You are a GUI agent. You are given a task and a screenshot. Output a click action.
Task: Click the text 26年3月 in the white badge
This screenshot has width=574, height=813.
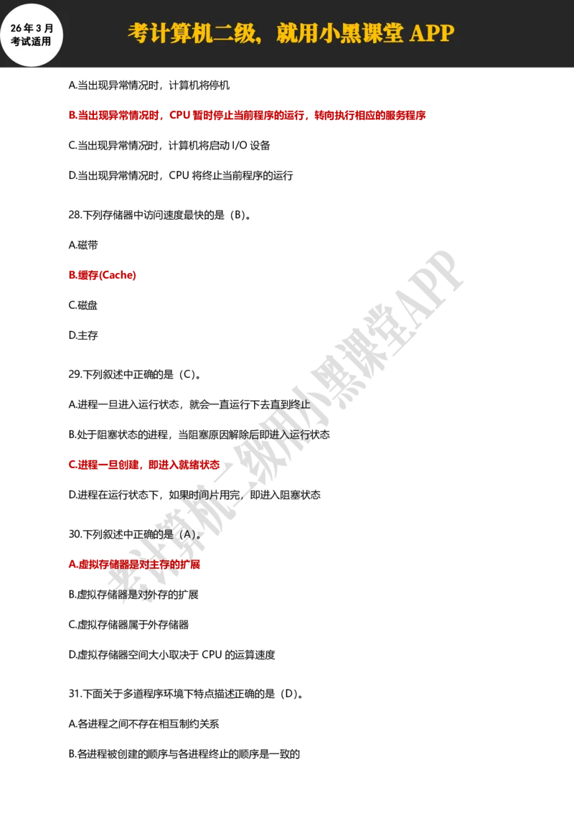[32, 28]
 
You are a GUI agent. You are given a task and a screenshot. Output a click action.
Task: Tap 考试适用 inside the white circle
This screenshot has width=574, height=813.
[31, 42]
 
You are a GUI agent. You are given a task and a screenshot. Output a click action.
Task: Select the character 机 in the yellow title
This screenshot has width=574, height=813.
[201, 33]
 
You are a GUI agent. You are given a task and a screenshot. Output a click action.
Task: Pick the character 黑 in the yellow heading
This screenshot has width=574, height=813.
[350, 33]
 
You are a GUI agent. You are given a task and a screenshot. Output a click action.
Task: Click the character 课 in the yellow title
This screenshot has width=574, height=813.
[372, 33]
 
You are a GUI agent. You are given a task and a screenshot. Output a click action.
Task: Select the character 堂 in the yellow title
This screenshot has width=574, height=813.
[393, 33]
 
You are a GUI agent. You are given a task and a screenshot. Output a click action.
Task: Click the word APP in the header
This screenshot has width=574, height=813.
[432, 33]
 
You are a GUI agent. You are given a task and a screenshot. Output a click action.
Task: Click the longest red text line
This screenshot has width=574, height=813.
[248, 115]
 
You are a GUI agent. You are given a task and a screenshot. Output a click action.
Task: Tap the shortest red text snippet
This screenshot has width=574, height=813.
[103, 275]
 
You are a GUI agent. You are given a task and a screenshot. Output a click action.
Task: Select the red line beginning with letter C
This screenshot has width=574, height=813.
[143, 465]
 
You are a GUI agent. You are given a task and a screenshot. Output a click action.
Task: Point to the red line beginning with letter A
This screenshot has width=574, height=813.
[134, 565]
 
